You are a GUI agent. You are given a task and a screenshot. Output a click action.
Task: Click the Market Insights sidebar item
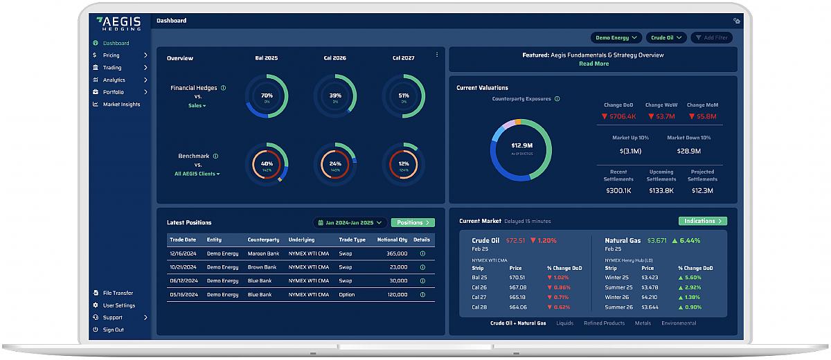coord(121,105)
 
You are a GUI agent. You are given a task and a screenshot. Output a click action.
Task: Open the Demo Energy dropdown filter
coord(616,37)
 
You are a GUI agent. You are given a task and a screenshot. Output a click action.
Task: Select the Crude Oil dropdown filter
coord(666,37)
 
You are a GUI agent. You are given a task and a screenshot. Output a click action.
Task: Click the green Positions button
coord(413,223)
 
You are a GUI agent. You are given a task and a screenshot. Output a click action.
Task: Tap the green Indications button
coord(702,221)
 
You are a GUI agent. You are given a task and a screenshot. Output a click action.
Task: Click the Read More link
coord(593,64)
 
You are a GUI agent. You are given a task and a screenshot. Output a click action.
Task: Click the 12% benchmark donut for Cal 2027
coord(404,164)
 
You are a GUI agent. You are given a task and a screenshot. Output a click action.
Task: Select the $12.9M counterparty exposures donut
coord(521,150)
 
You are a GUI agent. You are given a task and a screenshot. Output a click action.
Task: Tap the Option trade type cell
coord(347,294)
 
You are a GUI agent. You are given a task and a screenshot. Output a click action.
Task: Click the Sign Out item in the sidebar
coord(113,330)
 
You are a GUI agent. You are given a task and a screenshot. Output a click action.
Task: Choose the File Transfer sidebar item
coord(118,293)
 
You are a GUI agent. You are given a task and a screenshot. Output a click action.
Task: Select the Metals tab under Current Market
coord(643,323)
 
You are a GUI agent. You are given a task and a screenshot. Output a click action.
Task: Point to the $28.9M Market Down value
coord(688,151)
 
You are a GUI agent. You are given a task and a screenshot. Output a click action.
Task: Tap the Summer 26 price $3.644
coord(649,307)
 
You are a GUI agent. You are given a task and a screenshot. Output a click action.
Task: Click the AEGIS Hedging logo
coord(118,23)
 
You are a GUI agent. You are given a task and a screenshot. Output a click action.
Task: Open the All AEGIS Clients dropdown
coord(197,174)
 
